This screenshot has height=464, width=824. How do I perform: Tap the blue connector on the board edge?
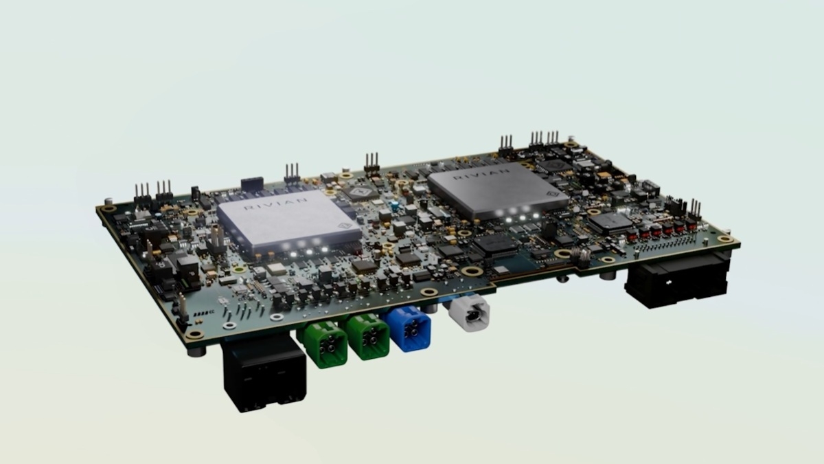(408, 329)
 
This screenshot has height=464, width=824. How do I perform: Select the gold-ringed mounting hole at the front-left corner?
(195, 335)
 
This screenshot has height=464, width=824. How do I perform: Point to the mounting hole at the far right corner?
(726, 240)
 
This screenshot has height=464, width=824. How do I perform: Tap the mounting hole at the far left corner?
(108, 208)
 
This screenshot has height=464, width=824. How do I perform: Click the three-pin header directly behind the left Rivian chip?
(292, 174)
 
